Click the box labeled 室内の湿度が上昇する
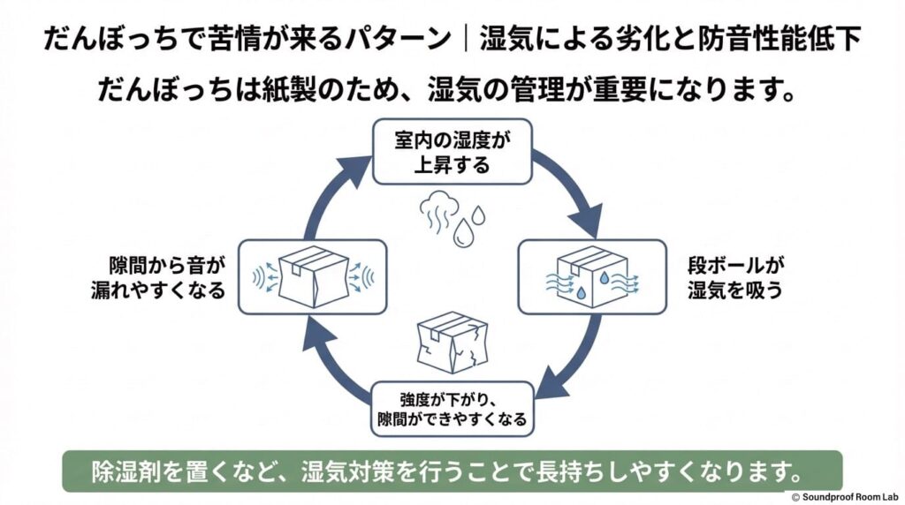pyautogui.click(x=452, y=151)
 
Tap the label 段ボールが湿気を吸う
pyautogui.click(x=734, y=277)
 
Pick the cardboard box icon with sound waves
pyautogui.click(x=313, y=276)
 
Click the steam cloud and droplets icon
pyautogui.click(x=452, y=217)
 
